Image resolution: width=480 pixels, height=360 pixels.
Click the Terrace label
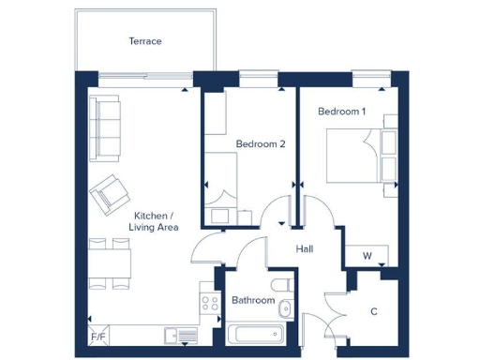(145, 41)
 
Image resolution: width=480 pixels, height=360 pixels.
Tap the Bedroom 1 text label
(342, 112)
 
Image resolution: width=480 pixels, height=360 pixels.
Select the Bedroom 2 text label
(260, 143)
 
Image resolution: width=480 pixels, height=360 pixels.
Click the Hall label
(305, 249)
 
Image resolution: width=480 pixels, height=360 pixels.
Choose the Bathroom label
(253, 301)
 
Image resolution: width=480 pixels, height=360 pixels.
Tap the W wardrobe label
(367, 256)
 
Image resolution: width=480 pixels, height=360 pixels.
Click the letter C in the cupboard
(374, 311)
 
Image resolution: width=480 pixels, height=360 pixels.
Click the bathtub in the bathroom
(256, 334)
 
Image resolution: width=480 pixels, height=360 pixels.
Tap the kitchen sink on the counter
(179, 334)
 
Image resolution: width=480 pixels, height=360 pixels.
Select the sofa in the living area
(104, 127)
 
